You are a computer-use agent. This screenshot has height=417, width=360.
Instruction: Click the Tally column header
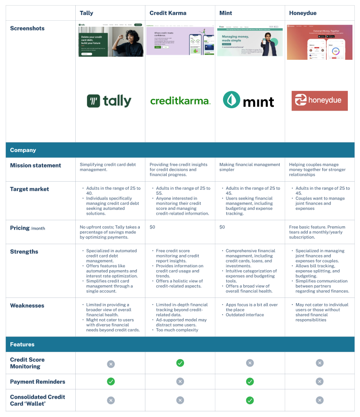[x=87, y=13]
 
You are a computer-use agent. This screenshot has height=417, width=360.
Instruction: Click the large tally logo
[x=109, y=101]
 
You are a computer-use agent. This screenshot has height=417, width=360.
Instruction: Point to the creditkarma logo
[x=180, y=101]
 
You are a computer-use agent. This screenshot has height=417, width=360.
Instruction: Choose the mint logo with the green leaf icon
[x=248, y=100]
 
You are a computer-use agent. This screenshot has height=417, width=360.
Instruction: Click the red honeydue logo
[x=320, y=101]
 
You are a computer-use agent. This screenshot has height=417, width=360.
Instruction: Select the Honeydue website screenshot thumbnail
[x=320, y=42]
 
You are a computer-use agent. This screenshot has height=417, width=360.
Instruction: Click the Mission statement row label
[x=36, y=166]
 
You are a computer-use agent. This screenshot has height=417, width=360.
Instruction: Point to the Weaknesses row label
[x=27, y=305]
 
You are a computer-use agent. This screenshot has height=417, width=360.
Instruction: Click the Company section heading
[x=23, y=150]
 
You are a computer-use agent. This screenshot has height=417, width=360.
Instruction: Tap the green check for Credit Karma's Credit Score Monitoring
[x=180, y=363]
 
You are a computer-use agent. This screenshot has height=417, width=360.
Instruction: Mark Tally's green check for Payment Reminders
[x=111, y=382]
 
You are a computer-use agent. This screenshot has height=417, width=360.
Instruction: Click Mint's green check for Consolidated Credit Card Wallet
[x=250, y=400]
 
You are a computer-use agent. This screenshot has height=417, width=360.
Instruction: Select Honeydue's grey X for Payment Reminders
[x=320, y=382]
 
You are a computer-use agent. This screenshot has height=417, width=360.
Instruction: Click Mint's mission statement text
[x=249, y=167]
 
